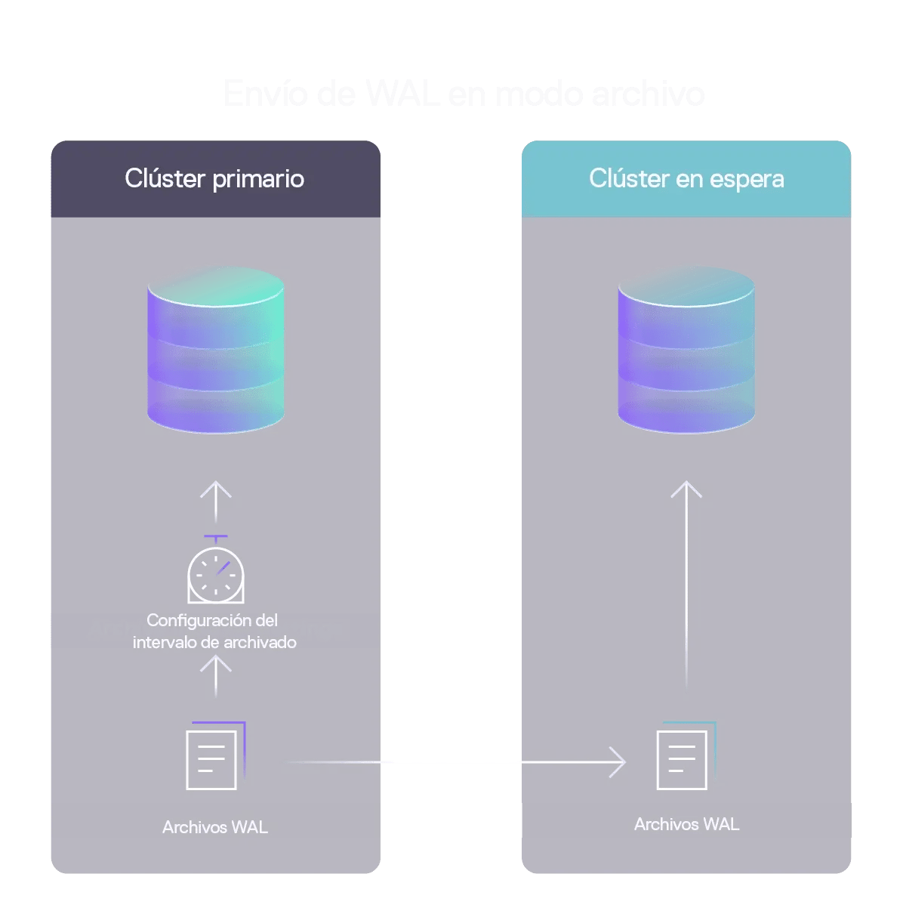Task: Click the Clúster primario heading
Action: tap(214, 179)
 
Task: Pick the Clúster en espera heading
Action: tap(686, 179)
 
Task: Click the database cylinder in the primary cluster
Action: tap(216, 349)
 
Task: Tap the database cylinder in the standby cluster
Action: tap(686, 349)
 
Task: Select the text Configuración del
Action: tap(212, 620)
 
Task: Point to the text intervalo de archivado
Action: tap(214, 642)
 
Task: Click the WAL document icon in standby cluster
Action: tap(685, 756)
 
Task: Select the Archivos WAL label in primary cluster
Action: tap(214, 827)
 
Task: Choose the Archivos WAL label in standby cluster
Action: tap(686, 824)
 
